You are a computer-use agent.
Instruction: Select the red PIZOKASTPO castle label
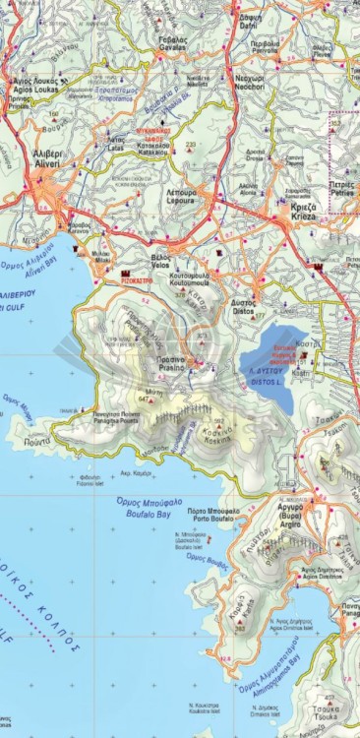click(138, 277)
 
